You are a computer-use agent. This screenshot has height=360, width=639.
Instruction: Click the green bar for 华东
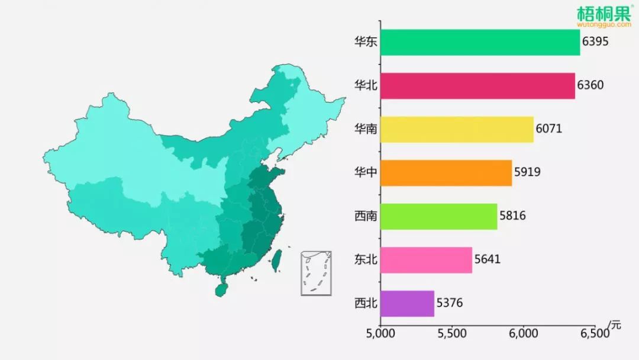(480, 43)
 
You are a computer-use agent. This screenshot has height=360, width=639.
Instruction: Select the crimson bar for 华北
(477, 86)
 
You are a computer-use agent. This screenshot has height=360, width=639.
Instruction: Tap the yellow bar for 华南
(457, 129)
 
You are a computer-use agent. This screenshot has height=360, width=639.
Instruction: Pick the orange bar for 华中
(446, 172)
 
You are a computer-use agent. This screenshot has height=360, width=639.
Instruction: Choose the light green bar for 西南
(438, 216)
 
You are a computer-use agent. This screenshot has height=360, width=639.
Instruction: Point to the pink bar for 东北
(426, 260)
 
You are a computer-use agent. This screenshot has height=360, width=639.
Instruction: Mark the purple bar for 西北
(407, 303)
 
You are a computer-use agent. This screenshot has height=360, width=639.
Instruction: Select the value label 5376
(450, 303)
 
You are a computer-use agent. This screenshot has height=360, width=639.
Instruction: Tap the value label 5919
(527, 172)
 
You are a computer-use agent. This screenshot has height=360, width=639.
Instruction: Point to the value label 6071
(548, 129)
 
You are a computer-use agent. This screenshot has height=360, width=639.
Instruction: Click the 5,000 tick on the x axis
(380, 333)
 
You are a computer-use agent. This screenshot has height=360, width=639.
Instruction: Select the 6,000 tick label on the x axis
(524, 333)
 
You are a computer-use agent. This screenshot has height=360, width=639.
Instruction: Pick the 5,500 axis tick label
(452, 333)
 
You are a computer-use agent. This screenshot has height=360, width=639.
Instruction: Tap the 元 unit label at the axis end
(616, 324)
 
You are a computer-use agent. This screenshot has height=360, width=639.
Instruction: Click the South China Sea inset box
(316, 272)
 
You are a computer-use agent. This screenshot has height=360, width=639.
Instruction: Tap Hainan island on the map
(221, 290)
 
